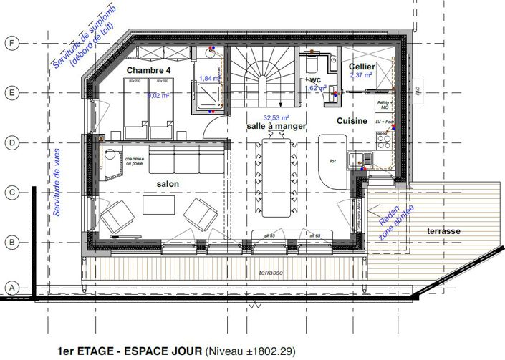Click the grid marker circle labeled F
[11, 43]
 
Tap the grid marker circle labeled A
[11, 288]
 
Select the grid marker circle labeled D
[11, 143]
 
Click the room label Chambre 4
[149, 70]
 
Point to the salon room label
[168, 184]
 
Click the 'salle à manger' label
[276, 126]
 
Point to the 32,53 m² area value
[276, 117]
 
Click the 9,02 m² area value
[157, 94]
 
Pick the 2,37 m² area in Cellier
[361, 74]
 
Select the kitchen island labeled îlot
[331, 161]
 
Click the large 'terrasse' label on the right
[443, 231]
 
